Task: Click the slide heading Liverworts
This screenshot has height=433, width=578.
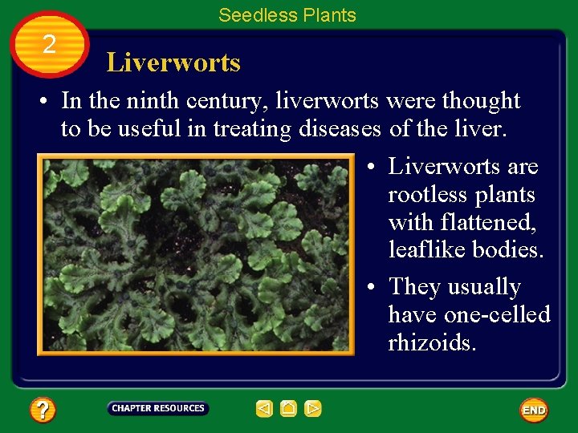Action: [173, 63]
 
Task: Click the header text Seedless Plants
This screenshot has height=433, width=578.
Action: [287, 14]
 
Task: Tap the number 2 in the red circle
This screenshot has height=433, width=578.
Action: [49, 45]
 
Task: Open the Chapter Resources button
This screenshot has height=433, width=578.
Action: [158, 408]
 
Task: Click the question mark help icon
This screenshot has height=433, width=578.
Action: [43, 411]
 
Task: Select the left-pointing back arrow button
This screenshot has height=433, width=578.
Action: [264, 409]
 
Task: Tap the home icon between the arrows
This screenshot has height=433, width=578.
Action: [289, 409]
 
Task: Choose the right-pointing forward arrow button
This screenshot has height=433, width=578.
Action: [313, 409]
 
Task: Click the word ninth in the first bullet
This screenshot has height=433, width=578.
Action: [153, 101]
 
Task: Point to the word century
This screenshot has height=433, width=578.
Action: [224, 101]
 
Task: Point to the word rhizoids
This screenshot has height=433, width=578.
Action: [432, 342]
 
